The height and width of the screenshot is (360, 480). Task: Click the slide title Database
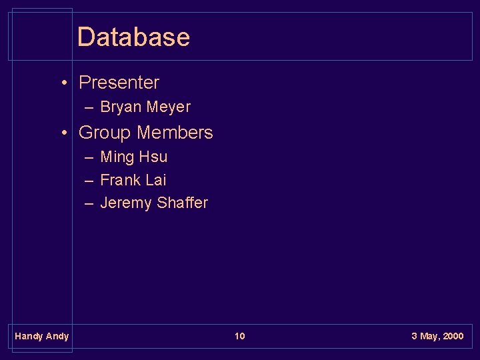133,37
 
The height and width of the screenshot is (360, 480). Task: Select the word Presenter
119,83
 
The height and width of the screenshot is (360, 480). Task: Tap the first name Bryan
121,107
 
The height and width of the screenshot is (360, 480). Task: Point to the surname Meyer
168,107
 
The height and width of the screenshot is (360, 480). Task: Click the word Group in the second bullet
105,133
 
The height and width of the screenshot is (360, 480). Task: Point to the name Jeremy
125,203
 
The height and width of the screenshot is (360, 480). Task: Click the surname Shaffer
182,203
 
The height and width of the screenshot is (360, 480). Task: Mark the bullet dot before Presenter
63,83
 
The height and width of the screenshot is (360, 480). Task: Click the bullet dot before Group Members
63,133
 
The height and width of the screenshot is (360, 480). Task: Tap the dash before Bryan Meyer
89,107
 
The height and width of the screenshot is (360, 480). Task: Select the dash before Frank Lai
89,180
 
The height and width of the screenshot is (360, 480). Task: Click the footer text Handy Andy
41,336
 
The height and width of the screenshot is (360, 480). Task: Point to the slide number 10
239,336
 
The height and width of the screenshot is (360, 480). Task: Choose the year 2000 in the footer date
453,336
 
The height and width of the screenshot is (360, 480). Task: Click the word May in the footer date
429,336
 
